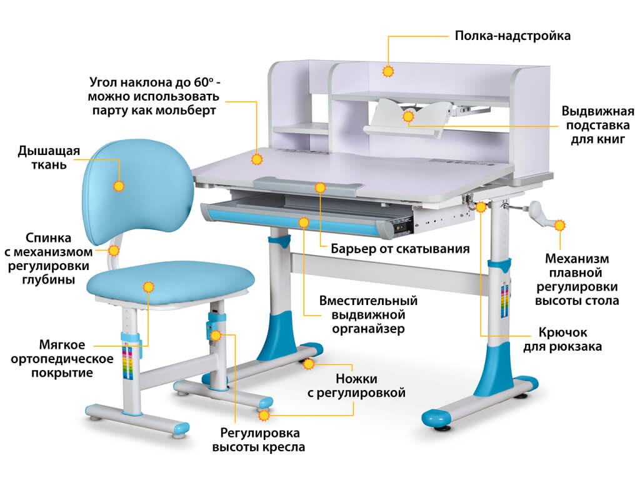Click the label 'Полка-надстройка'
click(x=512, y=36)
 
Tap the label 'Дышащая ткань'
click(x=49, y=157)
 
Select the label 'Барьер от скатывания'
click(x=400, y=249)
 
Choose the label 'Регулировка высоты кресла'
click(x=259, y=440)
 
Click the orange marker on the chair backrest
click(x=119, y=186)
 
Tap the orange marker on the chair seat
click(x=149, y=287)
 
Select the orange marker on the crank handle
click(x=560, y=225)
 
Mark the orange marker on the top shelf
click(x=388, y=71)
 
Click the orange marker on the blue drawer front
click(x=304, y=222)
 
